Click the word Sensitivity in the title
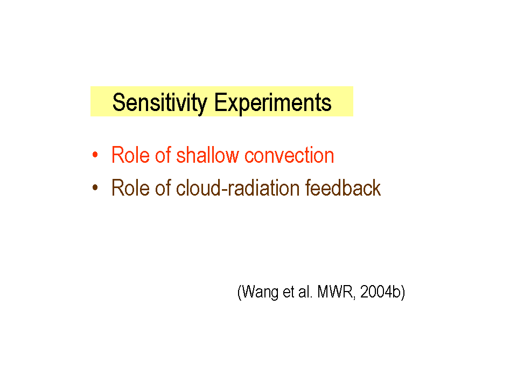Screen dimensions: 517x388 pyautogui.click(x=159, y=103)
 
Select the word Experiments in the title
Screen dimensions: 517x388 pyautogui.click(x=273, y=103)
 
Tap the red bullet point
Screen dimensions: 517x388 pyautogui.click(x=95, y=155)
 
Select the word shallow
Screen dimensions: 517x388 pyautogui.click(x=207, y=155)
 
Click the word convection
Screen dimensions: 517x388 pyautogui.click(x=289, y=155)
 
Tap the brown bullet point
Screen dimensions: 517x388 pyautogui.click(x=95, y=188)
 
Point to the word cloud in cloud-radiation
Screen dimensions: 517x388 pyautogui.click(x=198, y=188)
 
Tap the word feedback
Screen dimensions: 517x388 pyautogui.click(x=343, y=188)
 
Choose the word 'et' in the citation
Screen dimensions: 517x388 pyautogui.click(x=289, y=292)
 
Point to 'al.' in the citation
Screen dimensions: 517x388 pyautogui.click(x=305, y=292)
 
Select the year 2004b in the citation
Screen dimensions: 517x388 pyautogui.click(x=380, y=292)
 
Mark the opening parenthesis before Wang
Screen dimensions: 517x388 pyautogui.click(x=240, y=292)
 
